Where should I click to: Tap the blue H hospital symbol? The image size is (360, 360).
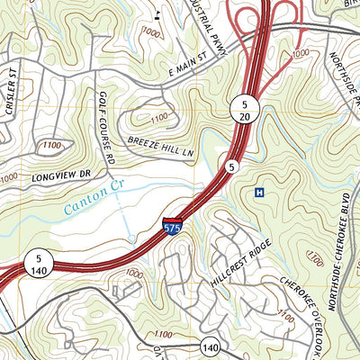tap(260, 193)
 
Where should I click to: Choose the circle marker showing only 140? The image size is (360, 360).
tap(210, 346)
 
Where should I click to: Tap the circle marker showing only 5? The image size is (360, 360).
tap(231, 166)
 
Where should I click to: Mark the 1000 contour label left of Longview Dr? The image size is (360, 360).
tap(8, 178)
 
